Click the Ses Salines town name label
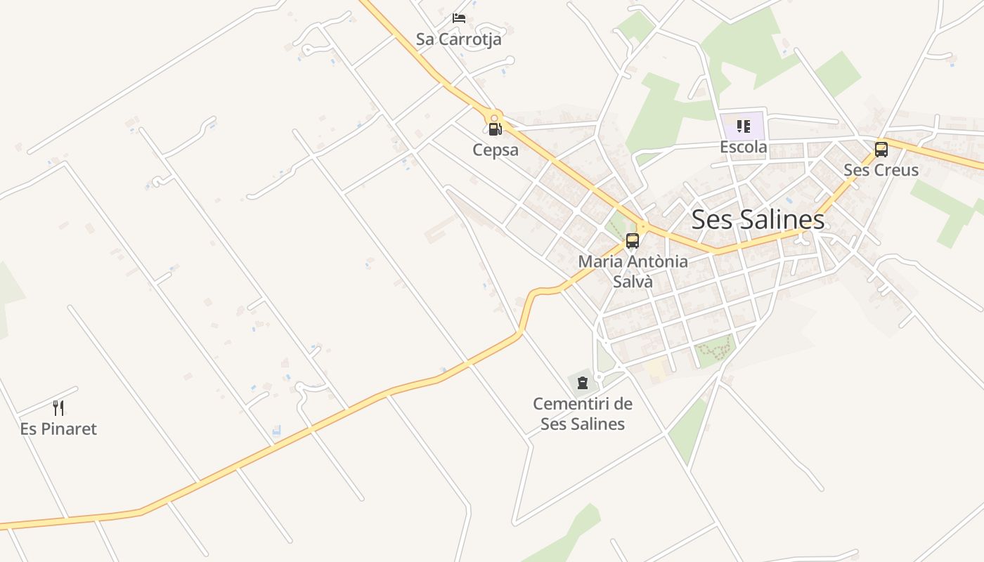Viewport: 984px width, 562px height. [x=758, y=220]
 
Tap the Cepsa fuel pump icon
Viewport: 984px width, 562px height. [x=495, y=129]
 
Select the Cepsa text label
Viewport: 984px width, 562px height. [x=496, y=150]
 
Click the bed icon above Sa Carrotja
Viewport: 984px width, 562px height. [x=459, y=18]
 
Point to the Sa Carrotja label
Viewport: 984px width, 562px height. [x=458, y=39]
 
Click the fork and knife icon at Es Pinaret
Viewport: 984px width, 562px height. [x=58, y=407]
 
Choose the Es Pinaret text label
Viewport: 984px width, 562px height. [x=58, y=429]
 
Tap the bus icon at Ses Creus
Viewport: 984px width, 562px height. [x=881, y=149]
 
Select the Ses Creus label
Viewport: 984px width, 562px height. [x=881, y=170]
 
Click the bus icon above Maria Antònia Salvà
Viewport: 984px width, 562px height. [x=633, y=241]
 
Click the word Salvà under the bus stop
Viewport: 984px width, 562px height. [x=633, y=282]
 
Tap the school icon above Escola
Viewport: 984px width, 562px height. [x=744, y=127]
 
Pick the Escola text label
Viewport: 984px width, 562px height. [x=744, y=148]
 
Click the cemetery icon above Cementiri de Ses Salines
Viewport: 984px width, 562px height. [x=582, y=383]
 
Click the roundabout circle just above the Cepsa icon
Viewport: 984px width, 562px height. [x=495, y=118]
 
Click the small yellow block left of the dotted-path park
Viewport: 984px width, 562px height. [x=656, y=369]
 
